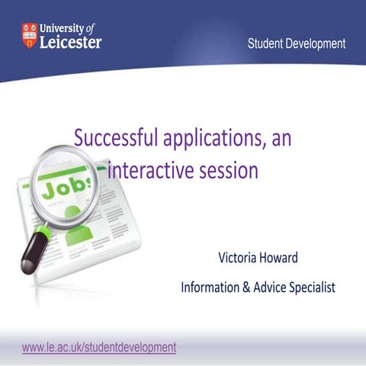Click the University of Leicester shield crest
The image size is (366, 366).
[29, 35]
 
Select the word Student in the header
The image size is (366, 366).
[267, 43]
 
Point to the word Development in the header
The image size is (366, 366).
[317, 43]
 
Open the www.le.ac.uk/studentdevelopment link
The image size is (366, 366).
[99, 348]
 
